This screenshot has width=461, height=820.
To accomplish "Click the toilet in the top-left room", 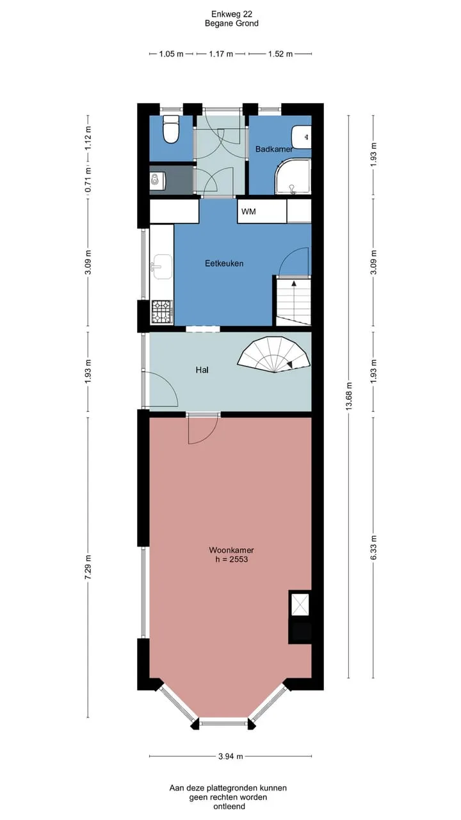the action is [x=171, y=129].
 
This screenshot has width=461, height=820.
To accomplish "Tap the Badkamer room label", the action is [x=274, y=149].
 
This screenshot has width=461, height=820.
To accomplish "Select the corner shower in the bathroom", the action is [x=293, y=176].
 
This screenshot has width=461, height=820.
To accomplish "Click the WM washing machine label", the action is [x=248, y=211].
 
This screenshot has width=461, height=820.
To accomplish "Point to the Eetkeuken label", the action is [x=224, y=263].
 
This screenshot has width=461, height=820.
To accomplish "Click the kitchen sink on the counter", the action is [x=161, y=266].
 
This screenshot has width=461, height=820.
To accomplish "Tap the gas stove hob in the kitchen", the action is [x=162, y=312].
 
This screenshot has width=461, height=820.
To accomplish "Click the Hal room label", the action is [x=202, y=370].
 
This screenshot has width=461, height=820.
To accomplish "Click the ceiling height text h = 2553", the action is [x=232, y=559].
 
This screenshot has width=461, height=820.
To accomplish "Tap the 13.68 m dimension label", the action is [x=349, y=396].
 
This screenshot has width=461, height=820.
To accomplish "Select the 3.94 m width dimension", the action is [x=230, y=757].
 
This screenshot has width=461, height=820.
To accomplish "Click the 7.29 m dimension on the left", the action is [x=88, y=567].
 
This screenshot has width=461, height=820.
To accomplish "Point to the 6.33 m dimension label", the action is [x=373, y=547].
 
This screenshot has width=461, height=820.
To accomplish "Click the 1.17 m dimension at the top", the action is [x=221, y=54].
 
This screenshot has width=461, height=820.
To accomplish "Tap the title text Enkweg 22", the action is [x=232, y=14].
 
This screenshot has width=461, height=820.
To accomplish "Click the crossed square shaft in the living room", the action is [x=300, y=605].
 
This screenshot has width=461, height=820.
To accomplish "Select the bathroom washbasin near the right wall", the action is [x=302, y=137].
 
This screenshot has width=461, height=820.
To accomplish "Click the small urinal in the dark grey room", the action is [x=158, y=179].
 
